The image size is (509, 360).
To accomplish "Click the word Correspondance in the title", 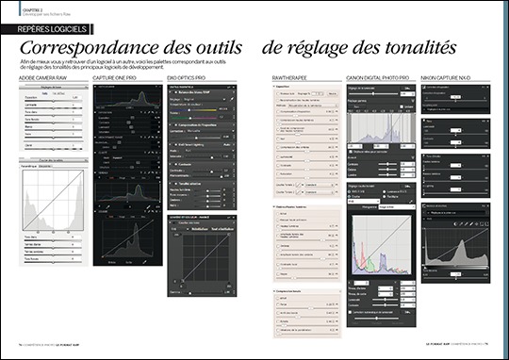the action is click(89, 47).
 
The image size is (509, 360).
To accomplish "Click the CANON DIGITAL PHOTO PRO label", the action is click(377, 77).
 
